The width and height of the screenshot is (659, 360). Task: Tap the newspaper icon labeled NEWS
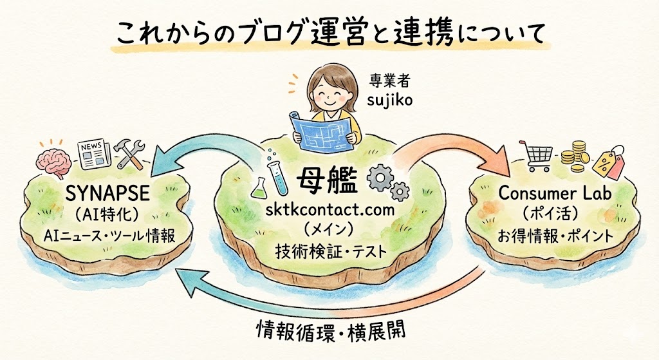point(91,152)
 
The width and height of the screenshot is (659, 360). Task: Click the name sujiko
point(387,100)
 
